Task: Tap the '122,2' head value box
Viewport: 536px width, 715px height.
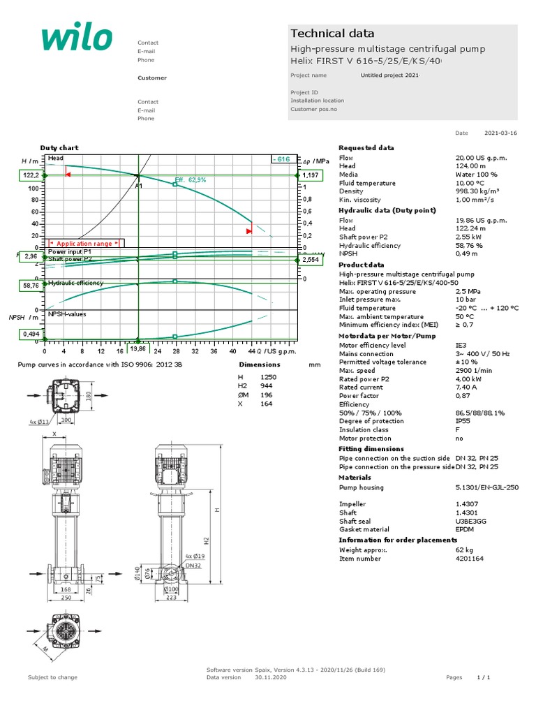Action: pos(29,175)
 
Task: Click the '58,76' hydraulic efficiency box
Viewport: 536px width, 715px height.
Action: pos(29,286)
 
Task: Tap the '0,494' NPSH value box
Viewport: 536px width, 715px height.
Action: pos(29,335)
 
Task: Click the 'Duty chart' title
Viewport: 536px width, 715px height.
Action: pos(59,148)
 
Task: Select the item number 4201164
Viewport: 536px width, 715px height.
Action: pos(469,559)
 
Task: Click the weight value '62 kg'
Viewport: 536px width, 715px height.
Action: pos(463,550)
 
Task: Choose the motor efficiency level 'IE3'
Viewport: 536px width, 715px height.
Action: pos(461,346)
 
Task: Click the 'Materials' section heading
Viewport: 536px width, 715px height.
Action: pos(355,478)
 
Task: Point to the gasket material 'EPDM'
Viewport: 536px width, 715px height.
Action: pos(465,530)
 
